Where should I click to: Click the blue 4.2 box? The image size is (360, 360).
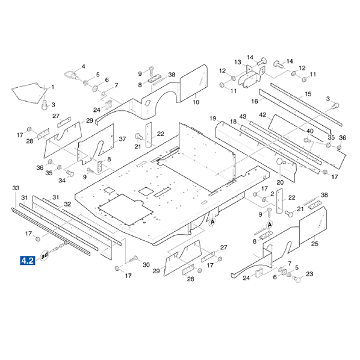click(28, 260)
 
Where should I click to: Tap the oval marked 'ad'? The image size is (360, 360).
click(45, 255)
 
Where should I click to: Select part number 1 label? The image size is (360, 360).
click(53, 87)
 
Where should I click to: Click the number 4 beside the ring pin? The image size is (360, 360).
click(83, 66)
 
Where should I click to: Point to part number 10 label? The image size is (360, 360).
click(196, 102)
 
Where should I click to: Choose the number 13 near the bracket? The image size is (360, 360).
click(238, 62)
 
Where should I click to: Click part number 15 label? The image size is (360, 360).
click(308, 94)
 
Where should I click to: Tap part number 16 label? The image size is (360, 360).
click(255, 101)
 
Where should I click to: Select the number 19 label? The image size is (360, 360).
click(213, 118)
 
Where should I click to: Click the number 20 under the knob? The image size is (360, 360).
click(280, 182)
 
